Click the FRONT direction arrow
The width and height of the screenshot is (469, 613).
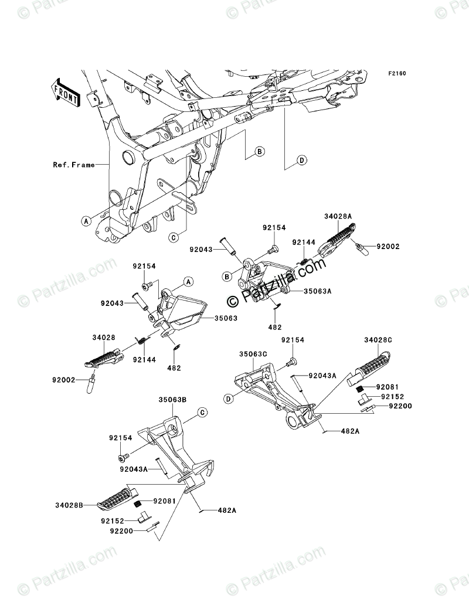[66, 93]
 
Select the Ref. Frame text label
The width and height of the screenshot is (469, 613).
[74, 165]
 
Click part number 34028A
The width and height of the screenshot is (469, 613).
[338, 216]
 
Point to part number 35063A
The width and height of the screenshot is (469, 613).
[317, 291]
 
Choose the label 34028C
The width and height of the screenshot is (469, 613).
[378, 340]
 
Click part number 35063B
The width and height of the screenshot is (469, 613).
[172, 400]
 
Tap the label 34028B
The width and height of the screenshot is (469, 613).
[69, 505]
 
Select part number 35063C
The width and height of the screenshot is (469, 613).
[253, 354]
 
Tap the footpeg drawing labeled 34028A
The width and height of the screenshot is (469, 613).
[338, 239]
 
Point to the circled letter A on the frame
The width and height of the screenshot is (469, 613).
[86, 221]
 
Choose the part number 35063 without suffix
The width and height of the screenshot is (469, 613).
[226, 318]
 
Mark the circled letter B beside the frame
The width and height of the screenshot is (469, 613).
[259, 151]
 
